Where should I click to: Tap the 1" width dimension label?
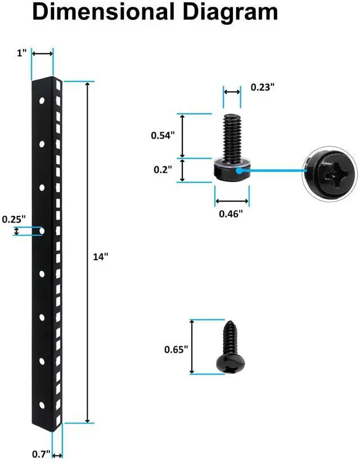(x=22, y=53)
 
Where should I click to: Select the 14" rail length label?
(x=100, y=256)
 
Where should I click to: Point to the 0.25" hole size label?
(x=13, y=220)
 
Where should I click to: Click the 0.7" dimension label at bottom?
(x=41, y=453)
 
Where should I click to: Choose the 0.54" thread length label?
(x=163, y=135)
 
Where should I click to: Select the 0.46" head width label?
(x=231, y=214)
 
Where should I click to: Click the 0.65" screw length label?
(x=176, y=349)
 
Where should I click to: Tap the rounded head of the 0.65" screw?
(x=231, y=363)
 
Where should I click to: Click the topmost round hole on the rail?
(x=42, y=101)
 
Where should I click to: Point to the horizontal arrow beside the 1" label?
(x=42, y=53)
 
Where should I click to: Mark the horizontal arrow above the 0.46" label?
(x=232, y=201)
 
